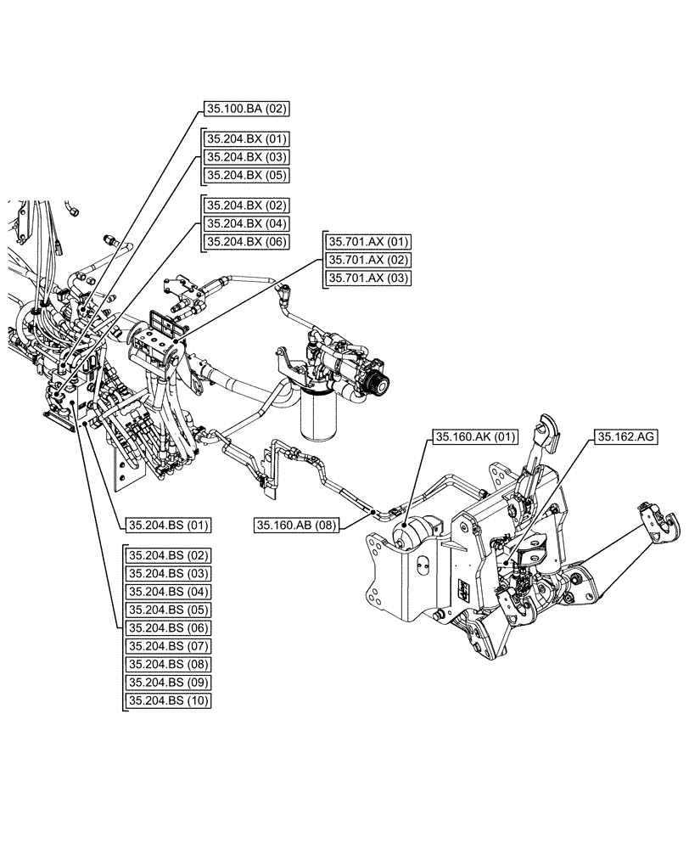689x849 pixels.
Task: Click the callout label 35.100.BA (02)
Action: click(x=245, y=108)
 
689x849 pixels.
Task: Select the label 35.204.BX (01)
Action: click(x=245, y=138)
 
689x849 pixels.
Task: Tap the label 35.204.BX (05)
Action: click(x=245, y=175)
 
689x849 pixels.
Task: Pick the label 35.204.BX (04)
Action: click(x=245, y=223)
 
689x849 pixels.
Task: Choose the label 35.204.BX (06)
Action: click(x=245, y=242)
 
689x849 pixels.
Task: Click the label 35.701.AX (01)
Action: click(x=367, y=241)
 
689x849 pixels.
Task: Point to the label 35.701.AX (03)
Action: click(x=367, y=278)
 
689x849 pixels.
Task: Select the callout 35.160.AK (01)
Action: click(x=474, y=437)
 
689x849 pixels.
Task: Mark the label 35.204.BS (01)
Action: click(x=168, y=525)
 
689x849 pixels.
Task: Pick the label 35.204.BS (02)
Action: click(x=168, y=554)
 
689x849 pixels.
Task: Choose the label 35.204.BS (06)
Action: click(x=168, y=627)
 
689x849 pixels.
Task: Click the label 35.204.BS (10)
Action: click(x=168, y=700)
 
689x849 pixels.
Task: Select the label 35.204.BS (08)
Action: click(x=168, y=664)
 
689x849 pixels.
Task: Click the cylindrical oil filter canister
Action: click(x=319, y=419)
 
